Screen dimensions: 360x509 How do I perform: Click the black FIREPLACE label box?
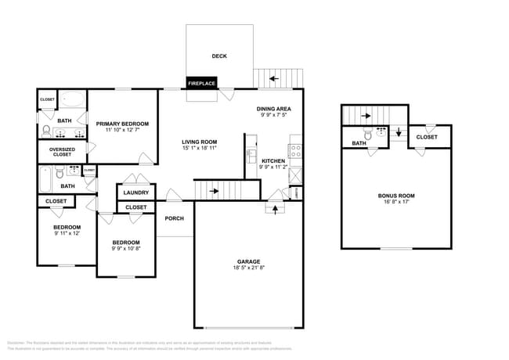pos(201,82)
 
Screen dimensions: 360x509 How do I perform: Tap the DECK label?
pos(219,56)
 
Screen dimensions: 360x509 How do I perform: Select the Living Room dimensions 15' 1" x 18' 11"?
pos(199,147)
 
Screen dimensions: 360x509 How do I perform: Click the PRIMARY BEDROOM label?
pos(122,124)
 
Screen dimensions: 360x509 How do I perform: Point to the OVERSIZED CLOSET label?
pos(61,152)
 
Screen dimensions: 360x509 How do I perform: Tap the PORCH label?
pos(174,219)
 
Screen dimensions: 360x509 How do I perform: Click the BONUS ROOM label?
pos(396,196)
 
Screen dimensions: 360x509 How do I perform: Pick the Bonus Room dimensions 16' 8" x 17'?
pos(396,203)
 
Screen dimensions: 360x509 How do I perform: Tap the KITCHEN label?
pos(273,161)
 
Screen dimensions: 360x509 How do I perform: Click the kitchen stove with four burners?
pos(296,149)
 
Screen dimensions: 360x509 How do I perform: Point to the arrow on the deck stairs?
pos(273,78)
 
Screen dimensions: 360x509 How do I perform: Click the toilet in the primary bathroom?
pos(46,130)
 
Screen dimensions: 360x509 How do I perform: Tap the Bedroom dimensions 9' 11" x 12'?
pos(66,233)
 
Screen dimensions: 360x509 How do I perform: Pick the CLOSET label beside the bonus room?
pos(427,137)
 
